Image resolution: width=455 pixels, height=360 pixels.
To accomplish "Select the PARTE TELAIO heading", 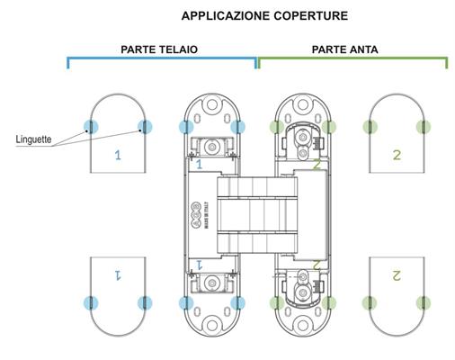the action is tap(159, 49).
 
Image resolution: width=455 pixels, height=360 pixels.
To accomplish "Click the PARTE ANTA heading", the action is tap(344, 49).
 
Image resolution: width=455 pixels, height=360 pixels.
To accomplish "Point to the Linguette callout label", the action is tap(33, 139).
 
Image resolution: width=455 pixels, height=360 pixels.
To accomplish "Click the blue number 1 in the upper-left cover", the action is tap(118, 155).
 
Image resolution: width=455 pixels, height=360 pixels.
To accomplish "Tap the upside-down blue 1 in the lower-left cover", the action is tap(118, 274).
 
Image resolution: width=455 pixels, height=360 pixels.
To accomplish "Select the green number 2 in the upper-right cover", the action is tap(397, 155).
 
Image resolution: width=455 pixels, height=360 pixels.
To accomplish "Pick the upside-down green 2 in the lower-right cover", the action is tap(397, 275).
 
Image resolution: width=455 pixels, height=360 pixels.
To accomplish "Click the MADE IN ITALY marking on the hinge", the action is tap(207, 216).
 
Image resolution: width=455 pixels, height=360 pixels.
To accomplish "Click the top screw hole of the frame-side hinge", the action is tap(212, 104).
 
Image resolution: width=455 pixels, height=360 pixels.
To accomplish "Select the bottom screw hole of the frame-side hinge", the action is tap(212, 325).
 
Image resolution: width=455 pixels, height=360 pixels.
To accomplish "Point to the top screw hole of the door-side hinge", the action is tap(303, 104).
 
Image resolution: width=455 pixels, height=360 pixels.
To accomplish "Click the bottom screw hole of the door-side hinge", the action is tap(303, 325).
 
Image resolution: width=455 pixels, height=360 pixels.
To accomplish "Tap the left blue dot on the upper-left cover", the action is tap(91, 127).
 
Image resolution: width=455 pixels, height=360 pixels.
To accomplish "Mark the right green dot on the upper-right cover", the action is tap(424, 127).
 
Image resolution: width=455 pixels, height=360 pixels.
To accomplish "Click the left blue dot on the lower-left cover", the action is tap(91, 303).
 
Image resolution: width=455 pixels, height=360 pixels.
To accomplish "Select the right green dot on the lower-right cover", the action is tap(424, 303).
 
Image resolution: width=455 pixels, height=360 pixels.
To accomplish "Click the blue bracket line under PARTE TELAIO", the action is tap(162, 58).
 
